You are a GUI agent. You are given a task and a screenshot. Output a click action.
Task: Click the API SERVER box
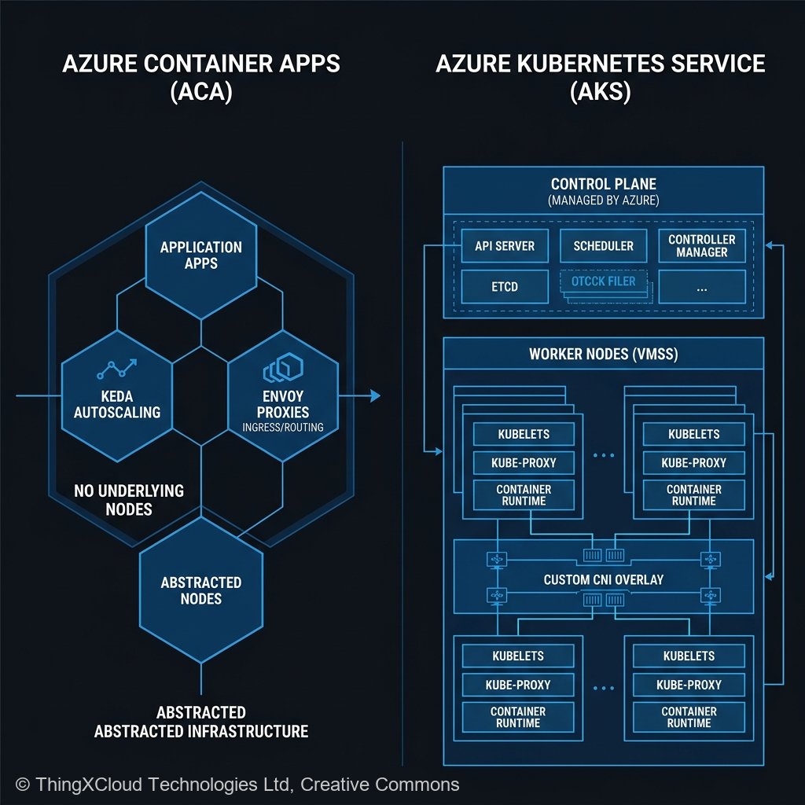click(x=505, y=246)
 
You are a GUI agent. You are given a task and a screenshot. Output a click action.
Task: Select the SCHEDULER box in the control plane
click(x=604, y=246)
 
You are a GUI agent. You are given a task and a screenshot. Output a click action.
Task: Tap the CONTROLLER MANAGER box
click(x=702, y=246)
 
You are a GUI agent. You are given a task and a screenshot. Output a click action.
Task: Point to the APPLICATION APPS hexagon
click(x=201, y=255)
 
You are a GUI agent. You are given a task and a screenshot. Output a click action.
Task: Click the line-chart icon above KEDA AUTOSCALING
click(x=117, y=368)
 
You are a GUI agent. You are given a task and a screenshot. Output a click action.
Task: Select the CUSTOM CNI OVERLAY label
click(x=604, y=579)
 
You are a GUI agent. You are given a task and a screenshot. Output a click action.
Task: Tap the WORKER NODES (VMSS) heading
click(x=604, y=354)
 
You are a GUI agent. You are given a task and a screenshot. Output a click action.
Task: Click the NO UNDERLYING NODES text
click(x=129, y=499)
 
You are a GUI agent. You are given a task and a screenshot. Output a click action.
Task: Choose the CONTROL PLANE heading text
click(x=604, y=184)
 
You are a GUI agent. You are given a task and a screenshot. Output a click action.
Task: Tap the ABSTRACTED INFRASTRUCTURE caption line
click(x=201, y=731)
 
